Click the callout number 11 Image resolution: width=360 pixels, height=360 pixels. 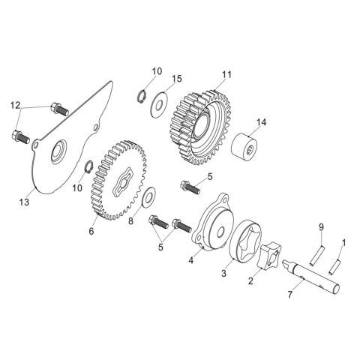(x=227, y=75)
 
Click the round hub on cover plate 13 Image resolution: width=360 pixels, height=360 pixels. (x=57, y=157)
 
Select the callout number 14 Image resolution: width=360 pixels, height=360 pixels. (x=261, y=121)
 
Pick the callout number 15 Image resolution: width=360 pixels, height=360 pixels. (x=176, y=79)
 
